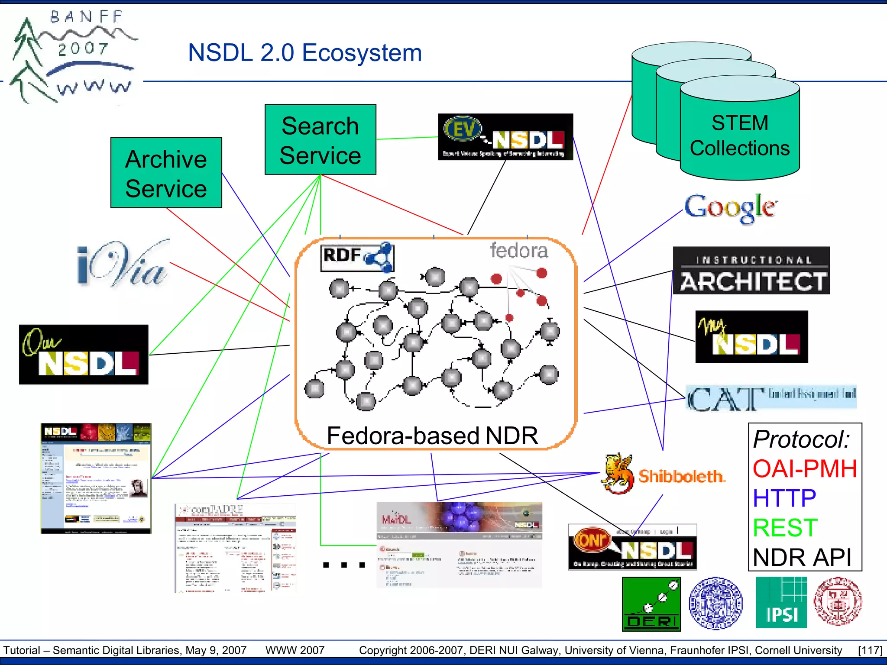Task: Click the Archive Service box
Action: pos(166,173)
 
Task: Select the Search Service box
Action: pos(320,139)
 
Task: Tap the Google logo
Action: pos(731,208)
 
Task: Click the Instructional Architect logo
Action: pos(751,271)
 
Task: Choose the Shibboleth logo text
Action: pos(681,476)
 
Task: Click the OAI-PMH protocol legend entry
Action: pos(805,468)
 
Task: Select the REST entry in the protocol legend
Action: pos(785,527)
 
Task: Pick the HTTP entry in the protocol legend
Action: pos(784,498)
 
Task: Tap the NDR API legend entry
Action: pos(802,557)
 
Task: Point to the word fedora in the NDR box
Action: pos(519,251)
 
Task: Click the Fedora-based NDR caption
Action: pos(432,435)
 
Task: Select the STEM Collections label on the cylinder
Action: pos(740,136)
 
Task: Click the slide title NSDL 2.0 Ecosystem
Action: pos(305,53)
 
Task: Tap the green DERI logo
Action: pos(651,604)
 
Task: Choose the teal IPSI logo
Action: pos(781,603)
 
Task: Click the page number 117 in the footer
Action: pos(870,650)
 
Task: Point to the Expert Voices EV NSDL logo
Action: pos(505,137)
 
